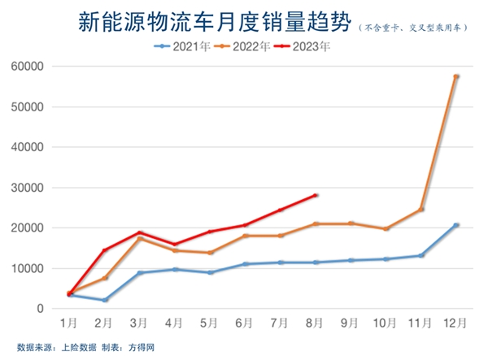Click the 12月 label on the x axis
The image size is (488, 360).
click(x=455, y=323)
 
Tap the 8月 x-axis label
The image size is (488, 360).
click(x=315, y=323)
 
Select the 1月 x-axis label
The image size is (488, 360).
click(x=70, y=323)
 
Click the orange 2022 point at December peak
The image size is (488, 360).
click(x=455, y=76)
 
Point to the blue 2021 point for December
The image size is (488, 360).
click(x=455, y=225)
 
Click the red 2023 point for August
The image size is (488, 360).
click(x=315, y=195)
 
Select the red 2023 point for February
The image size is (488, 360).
click(x=105, y=250)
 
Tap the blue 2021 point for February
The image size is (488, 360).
click(x=105, y=300)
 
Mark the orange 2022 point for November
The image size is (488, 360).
click(x=420, y=210)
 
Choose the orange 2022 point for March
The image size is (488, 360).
click(x=140, y=238)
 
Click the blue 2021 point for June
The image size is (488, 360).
click(x=245, y=264)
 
